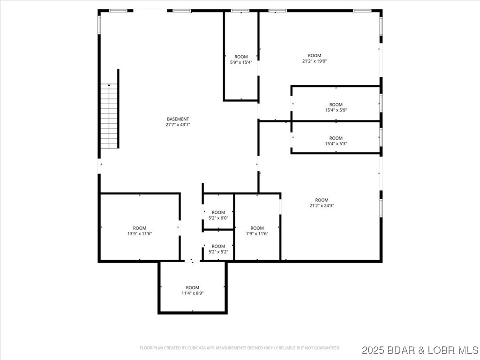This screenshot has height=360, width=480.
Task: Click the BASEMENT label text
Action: [178, 119]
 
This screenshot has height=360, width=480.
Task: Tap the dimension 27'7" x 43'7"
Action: [178, 125]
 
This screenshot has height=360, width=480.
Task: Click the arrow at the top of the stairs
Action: [109, 85]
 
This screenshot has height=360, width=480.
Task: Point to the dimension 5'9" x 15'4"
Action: [241, 62]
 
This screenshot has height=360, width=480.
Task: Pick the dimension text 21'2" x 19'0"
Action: [315, 61]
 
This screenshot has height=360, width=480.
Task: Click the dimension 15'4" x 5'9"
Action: [336, 110]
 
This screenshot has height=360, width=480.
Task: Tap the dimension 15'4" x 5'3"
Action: [336, 144]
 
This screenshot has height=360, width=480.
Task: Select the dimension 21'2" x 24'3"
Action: [322, 205]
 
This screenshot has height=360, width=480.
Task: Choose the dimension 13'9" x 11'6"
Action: [139, 233]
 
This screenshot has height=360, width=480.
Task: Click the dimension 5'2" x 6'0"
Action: [218, 218]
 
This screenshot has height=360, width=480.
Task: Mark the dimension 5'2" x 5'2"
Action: [218, 252]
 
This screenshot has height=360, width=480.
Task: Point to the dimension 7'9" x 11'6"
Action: [257, 233]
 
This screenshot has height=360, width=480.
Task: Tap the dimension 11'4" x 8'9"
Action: [192, 293]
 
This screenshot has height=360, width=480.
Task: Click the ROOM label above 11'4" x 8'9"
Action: [192, 287]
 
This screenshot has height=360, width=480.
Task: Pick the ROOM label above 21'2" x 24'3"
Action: [322, 200]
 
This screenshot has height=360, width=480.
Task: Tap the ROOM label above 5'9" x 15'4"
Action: [241, 57]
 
